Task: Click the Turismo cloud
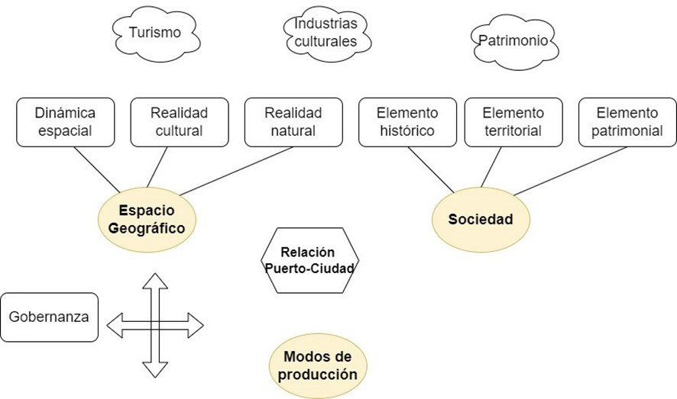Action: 155,33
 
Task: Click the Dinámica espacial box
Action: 65,121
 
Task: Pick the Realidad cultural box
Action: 180,121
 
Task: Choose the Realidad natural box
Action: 293,121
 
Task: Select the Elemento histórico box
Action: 406,121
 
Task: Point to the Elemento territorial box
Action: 513,121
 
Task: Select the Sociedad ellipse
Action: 480,219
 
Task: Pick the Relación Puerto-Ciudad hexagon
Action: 309,260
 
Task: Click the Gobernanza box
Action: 50,317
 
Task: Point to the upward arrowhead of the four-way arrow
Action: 155,281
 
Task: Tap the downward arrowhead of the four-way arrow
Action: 155,370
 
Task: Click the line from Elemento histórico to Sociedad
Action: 432,169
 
